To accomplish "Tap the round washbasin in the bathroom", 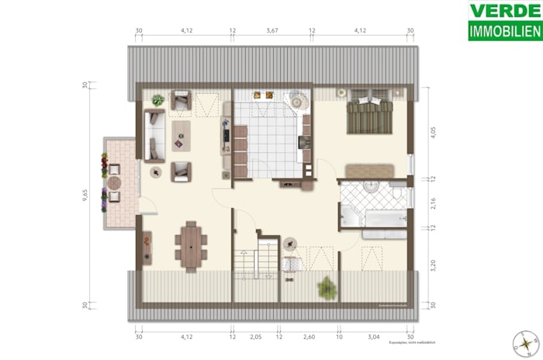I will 369,187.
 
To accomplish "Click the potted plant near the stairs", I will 327,288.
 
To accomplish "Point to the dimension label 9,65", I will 85,197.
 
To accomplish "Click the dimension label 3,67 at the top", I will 271,31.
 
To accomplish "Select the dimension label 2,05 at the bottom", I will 255,337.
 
